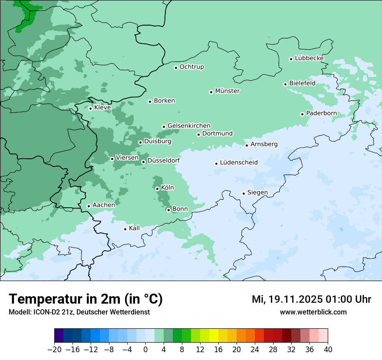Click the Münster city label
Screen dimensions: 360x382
click(x=227, y=91)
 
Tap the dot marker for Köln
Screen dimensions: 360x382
click(x=157, y=189)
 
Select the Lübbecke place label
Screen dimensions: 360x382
click(x=309, y=58)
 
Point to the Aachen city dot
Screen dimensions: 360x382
click(x=89, y=206)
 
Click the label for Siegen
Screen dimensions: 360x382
click(x=257, y=193)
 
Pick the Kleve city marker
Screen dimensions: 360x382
click(x=90, y=108)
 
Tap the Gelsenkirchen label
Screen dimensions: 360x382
click(x=189, y=126)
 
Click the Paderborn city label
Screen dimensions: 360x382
click(x=321, y=113)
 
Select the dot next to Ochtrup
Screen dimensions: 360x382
click(x=176, y=68)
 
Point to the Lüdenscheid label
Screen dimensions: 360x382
click(x=239, y=163)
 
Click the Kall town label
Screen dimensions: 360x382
click(x=135, y=228)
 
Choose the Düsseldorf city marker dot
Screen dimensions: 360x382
click(x=143, y=162)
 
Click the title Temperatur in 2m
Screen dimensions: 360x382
click(x=86, y=299)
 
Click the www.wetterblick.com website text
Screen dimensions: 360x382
click(x=313, y=312)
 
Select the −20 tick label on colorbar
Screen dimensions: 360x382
click(x=54, y=350)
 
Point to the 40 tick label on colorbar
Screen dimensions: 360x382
click(x=328, y=350)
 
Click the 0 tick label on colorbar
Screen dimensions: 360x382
click(x=145, y=350)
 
